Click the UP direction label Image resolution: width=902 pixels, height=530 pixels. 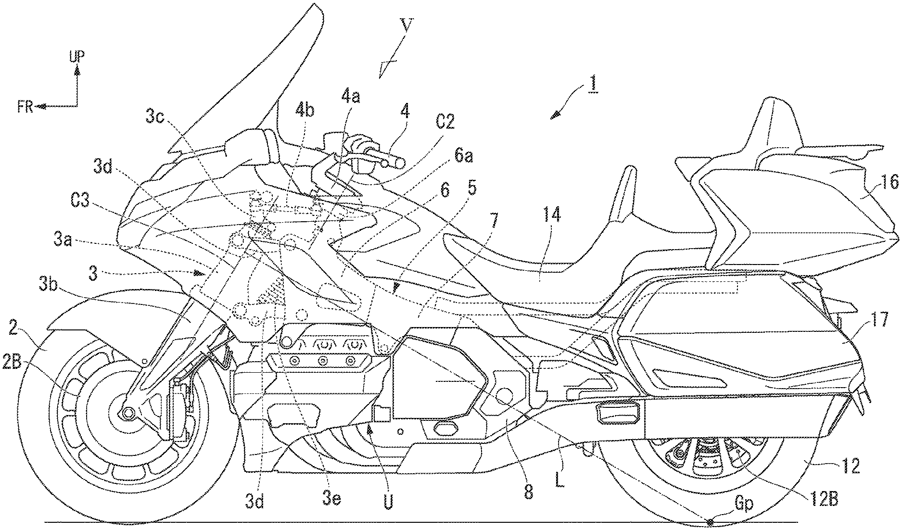pos(76,57)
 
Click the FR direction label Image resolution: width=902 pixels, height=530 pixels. pos(25,107)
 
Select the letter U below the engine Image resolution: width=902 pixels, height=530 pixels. pos(388,501)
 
